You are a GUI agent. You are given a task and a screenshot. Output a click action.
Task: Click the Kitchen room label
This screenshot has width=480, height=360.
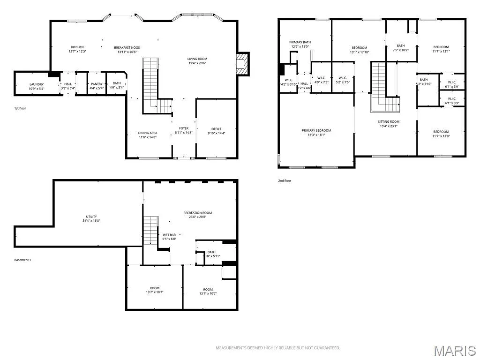pyautogui.click(x=77, y=47)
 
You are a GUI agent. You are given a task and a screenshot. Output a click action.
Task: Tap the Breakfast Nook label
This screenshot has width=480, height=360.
pyautogui.click(x=127, y=47)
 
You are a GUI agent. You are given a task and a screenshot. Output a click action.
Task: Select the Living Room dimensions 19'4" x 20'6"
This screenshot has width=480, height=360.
pyautogui.click(x=197, y=63)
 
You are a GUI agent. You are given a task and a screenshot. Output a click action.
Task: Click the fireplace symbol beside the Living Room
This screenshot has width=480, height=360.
pyautogui.click(x=242, y=63)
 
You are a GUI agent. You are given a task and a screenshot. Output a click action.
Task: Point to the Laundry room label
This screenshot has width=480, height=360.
pyautogui.click(x=36, y=84)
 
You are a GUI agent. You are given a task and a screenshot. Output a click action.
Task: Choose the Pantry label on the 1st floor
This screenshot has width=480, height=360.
pyautogui.click(x=97, y=84)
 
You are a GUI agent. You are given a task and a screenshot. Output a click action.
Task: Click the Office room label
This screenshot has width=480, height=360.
pyautogui.click(x=216, y=129)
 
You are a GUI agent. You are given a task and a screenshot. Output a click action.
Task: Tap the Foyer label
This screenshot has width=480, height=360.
pyautogui.click(x=184, y=128)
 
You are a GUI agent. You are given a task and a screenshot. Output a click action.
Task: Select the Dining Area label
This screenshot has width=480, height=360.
pyautogui.click(x=147, y=133)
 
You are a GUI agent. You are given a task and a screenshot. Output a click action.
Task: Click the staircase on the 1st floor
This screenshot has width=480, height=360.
pyautogui.click(x=150, y=84)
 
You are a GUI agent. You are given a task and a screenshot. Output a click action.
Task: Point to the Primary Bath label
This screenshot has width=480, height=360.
pyautogui.click(x=300, y=42)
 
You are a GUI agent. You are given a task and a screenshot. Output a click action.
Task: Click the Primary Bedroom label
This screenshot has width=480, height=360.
pyautogui.click(x=316, y=130)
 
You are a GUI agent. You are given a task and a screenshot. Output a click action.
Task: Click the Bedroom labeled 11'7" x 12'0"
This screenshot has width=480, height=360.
pyautogui.click(x=441, y=132)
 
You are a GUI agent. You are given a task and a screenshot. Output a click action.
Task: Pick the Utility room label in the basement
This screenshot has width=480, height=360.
pyautogui.click(x=91, y=217)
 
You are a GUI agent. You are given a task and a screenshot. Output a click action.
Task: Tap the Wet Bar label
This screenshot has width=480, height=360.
pyautogui.click(x=169, y=234)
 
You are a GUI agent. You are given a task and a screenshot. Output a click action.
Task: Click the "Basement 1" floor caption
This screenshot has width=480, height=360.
pyautogui.click(x=22, y=260)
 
